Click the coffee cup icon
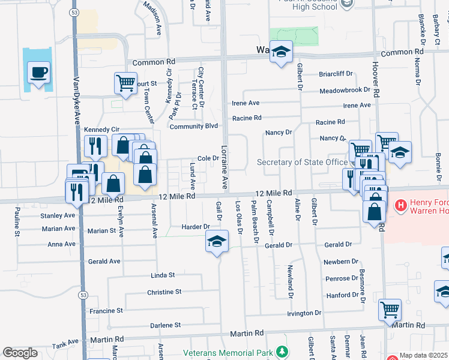pos(39,73)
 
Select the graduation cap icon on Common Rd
pos(280,52)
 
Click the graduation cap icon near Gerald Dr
pos(217,241)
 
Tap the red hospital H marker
pos(401,206)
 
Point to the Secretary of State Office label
pos(302,162)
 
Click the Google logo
pos(20,353)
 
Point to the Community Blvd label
pos(193,127)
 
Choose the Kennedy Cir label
pos(102,129)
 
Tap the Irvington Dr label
pos(304,313)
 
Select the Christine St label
pos(164,292)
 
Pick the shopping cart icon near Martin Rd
pos(390,310)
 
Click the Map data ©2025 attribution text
pos(424,355)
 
